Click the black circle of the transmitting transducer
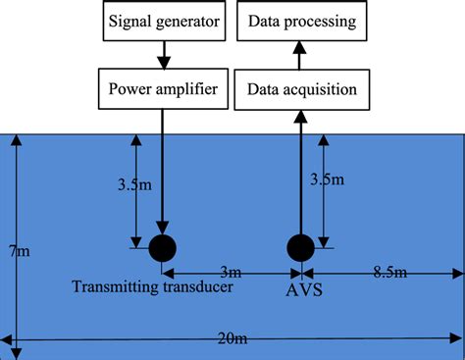pos(163,247)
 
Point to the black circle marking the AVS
pos(299,247)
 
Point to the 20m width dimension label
pos(233,339)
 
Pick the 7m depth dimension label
pos(20,252)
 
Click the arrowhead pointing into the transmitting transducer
pos(163,230)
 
